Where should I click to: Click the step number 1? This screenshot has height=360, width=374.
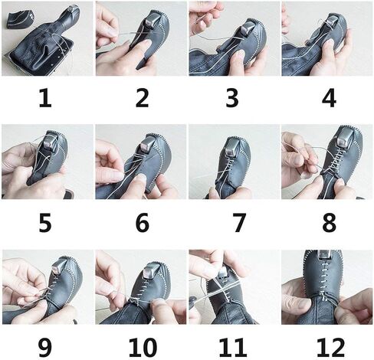pos(45,98)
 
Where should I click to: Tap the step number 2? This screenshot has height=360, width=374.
pos(142,98)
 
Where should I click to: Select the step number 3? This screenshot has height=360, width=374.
pos(232,98)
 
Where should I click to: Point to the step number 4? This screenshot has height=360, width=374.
pos(329,98)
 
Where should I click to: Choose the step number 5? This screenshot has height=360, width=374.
pos(45,223)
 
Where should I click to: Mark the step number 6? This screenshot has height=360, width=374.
pos(142,223)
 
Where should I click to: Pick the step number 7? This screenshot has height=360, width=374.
pos(239,223)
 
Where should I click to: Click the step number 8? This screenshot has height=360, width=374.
pos(329,223)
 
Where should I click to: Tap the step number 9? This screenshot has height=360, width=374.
pos(45,347)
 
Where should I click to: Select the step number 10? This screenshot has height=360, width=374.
pos(143,347)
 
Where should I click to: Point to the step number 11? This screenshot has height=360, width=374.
pos(233,347)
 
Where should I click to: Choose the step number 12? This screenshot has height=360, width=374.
pos(330,347)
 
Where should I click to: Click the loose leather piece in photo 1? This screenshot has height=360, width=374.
pos(18,19)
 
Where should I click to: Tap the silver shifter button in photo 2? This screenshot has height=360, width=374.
pos(152,20)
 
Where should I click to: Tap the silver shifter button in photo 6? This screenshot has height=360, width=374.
pos(147,145)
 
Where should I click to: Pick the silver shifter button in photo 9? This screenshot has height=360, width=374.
pos(58,268)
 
